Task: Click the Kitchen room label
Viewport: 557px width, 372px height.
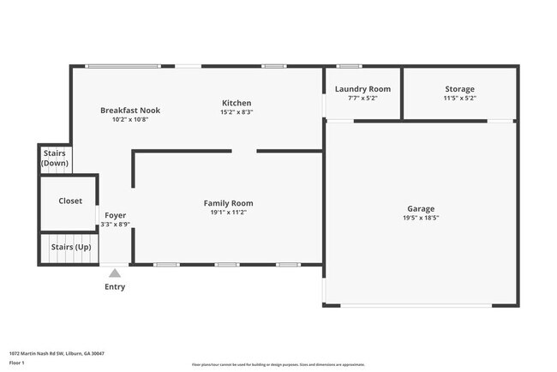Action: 237,103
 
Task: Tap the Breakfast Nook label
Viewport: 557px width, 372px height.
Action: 130,110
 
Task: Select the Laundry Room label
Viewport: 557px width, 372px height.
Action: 362,89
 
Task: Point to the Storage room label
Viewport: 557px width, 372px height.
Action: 459,89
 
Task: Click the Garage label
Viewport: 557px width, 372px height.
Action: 421,209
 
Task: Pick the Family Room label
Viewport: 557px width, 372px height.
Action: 228,203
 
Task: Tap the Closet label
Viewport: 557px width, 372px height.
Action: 70,201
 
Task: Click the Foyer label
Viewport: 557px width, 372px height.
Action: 115,215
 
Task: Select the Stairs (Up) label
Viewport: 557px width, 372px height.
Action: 71,247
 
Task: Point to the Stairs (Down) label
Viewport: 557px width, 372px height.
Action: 55,158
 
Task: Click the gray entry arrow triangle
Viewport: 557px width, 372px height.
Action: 115,273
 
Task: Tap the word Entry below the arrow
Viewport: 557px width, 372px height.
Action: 115,287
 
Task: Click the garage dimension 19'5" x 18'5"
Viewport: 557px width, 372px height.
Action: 421,219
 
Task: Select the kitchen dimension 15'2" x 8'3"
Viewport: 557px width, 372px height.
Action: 237,112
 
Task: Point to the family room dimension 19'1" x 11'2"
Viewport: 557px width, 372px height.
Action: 228,213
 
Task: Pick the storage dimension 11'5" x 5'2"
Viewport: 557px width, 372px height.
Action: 459,99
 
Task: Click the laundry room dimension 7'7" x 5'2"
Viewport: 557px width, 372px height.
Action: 362,99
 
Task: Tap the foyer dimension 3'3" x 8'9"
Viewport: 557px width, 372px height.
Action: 115,225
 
